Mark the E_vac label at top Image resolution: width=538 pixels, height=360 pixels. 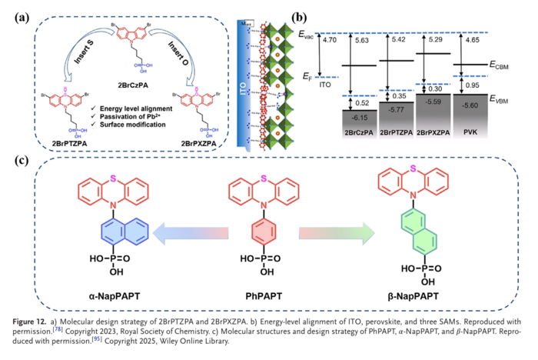click(307, 32)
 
